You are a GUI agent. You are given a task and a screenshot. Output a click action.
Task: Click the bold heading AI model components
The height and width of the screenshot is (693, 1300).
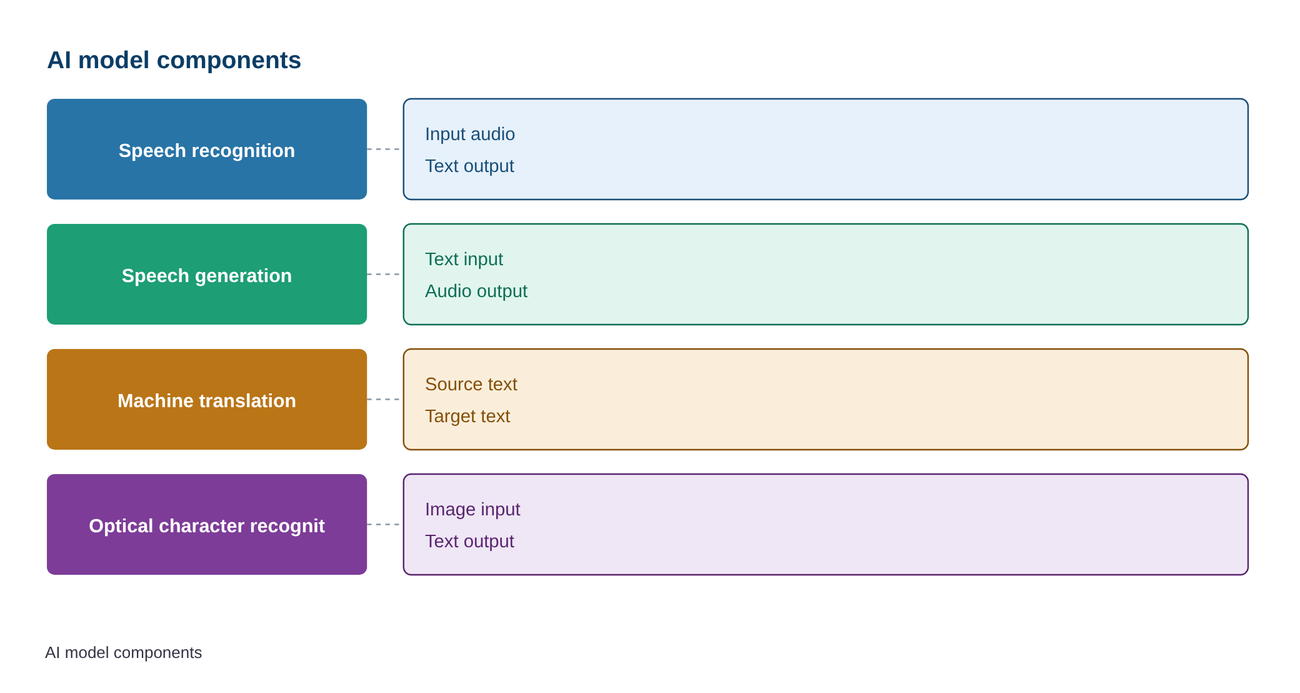[174, 60]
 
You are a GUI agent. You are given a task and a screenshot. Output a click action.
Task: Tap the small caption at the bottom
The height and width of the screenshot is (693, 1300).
[123, 652]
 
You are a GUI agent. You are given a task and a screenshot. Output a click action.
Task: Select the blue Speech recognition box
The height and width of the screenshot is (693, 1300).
[207, 149]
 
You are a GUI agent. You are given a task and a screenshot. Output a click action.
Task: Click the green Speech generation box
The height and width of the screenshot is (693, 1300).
[207, 274]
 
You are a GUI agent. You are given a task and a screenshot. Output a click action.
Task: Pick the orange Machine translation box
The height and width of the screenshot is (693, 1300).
[207, 399]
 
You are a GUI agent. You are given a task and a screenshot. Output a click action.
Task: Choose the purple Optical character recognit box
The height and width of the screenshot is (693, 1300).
[207, 524]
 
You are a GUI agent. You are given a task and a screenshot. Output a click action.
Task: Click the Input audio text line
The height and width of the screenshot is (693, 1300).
[470, 134]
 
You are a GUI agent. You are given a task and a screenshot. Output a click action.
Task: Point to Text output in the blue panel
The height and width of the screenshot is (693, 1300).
[469, 166]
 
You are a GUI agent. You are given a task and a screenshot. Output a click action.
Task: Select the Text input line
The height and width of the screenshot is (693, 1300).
[464, 259]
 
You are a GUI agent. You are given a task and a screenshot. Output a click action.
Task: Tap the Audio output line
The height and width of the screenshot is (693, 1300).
[476, 291]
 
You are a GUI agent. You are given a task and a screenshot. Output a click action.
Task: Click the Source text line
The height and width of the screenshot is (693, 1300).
[471, 384]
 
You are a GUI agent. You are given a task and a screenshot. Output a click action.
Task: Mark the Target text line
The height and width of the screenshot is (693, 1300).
[467, 416]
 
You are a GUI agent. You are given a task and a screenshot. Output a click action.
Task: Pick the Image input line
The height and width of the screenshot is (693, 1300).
[472, 509]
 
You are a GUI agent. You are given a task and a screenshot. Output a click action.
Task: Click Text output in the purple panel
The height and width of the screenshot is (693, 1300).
[469, 541]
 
